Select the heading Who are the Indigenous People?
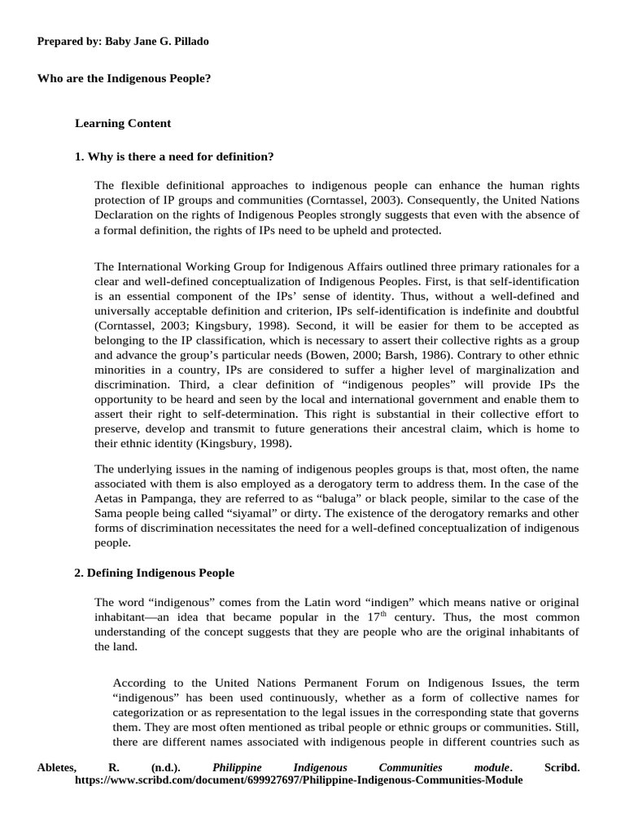click(125, 79)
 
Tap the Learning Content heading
click(123, 124)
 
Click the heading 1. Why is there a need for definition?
click(174, 156)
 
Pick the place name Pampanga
click(167, 498)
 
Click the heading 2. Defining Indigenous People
click(154, 573)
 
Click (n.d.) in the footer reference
click(166, 767)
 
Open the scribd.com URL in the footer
click(298, 779)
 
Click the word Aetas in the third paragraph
click(110, 498)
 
